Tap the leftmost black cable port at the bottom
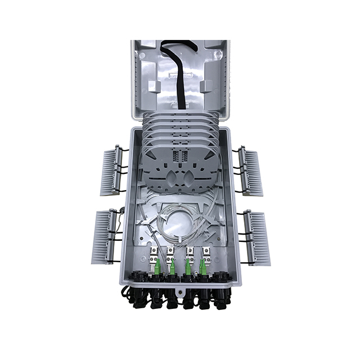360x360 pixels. coord(137,295)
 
